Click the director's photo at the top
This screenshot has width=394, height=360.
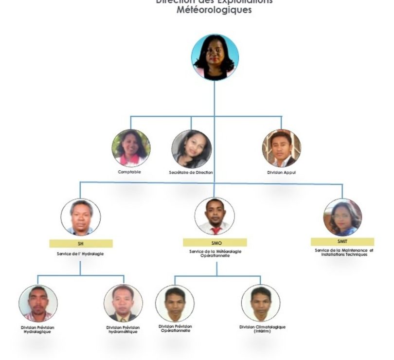click(x=215, y=57)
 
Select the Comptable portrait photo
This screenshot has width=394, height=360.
click(x=130, y=148)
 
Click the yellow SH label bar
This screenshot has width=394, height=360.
click(x=81, y=243)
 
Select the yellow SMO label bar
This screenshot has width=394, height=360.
click(x=215, y=242)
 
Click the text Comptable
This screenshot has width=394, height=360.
click(x=130, y=172)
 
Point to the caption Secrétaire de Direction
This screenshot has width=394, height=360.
click(x=191, y=172)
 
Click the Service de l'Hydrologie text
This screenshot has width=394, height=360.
click(x=80, y=253)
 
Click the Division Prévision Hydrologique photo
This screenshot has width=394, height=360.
click(x=38, y=303)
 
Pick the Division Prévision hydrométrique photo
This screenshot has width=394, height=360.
click(x=123, y=303)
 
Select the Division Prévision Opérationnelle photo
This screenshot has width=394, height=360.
click(x=175, y=303)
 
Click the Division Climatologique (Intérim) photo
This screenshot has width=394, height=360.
click(x=261, y=303)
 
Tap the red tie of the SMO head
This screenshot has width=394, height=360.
click(x=215, y=230)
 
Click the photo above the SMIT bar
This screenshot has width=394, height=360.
click(x=342, y=217)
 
